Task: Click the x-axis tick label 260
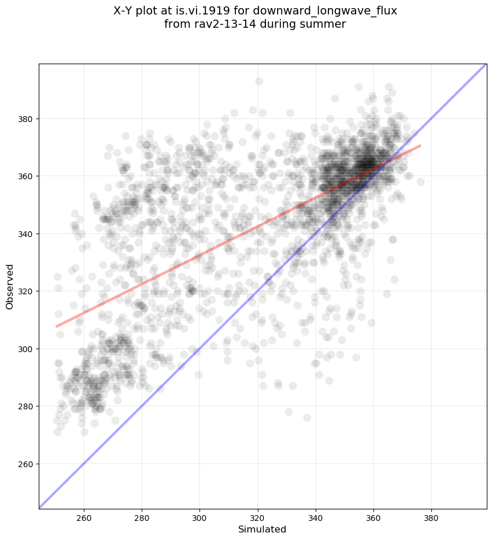tap(84, 516)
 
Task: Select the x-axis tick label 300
tap(199, 516)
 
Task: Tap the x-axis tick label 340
tap(316, 516)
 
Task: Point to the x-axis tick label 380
tap(431, 516)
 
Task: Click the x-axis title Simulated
tap(262, 529)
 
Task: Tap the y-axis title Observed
tap(10, 287)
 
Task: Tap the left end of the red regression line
tap(57, 326)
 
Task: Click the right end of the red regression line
tap(420, 146)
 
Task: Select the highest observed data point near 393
tap(259, 81)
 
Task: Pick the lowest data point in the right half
tap(307, 417)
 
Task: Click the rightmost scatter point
tap(420, 182)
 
